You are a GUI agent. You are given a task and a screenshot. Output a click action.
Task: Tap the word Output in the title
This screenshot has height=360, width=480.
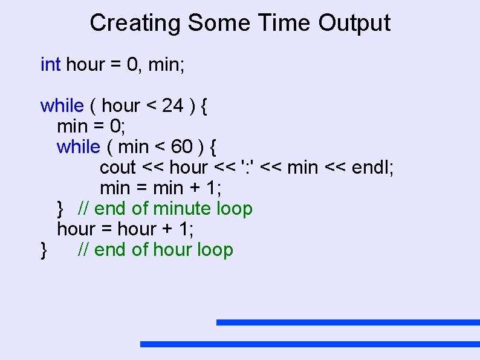pyautogui.click(x=354, y=24)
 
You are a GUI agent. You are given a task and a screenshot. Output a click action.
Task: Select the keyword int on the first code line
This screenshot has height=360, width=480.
pyautogui.click(x=50, y=64)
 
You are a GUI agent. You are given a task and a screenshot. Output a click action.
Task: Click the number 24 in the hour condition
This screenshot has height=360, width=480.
pyautogui.click(x=172, y=105)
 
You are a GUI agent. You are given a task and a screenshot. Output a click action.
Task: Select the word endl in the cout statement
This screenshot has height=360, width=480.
pyautogui.click(x=372, y=167)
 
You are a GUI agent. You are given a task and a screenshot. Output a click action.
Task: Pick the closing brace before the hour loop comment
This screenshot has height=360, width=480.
pyautogui.click(x=44, y=250)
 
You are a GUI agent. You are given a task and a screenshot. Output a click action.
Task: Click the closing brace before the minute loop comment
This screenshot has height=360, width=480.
pyautogui.click(x=60, y=209)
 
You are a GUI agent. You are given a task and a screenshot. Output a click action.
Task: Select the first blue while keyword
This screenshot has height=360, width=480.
pyautogui.click(x=62, y=105)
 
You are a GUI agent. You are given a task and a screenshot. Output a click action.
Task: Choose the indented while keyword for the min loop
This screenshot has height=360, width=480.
pyautogui.click(x=79, y=146)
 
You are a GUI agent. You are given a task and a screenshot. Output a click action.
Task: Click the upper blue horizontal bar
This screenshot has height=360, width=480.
pyautogui.click(x=348, y=322)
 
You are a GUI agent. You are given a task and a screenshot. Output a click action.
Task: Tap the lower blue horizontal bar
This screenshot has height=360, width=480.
pyautogui.click(x=310, y=344)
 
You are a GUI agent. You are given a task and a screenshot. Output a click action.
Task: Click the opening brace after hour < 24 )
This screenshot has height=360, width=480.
pyautogui.click(x=204, y=106)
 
